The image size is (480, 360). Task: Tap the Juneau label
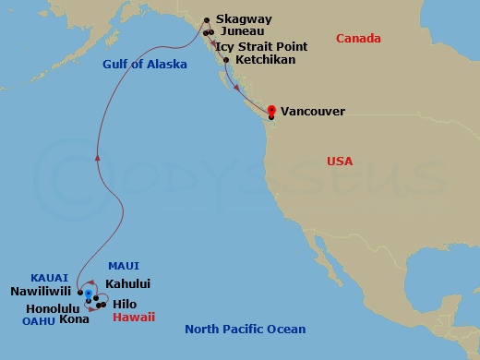pyautogui.click(x=243, y=31)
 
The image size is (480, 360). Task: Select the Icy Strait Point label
pyautogui.click(x=261, y=44)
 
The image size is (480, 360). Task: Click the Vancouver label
pyautogui.click(x=313, y=111)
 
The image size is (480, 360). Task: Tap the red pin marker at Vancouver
pyautogui.click(x=271, y=110)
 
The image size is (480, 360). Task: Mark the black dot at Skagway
pyautogui.click(x=207, y=18)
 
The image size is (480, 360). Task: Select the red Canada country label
pyautogui.click(x=358, y=39)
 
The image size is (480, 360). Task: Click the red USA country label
pyautogui.click(x=340, y=161)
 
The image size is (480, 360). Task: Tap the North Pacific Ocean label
pyautogui.click(x=245, y=329)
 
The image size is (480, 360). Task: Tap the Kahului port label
pyautogui.click(x=128, y=284)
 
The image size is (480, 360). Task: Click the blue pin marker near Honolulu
pyautogui.click(x=89, y=294)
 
